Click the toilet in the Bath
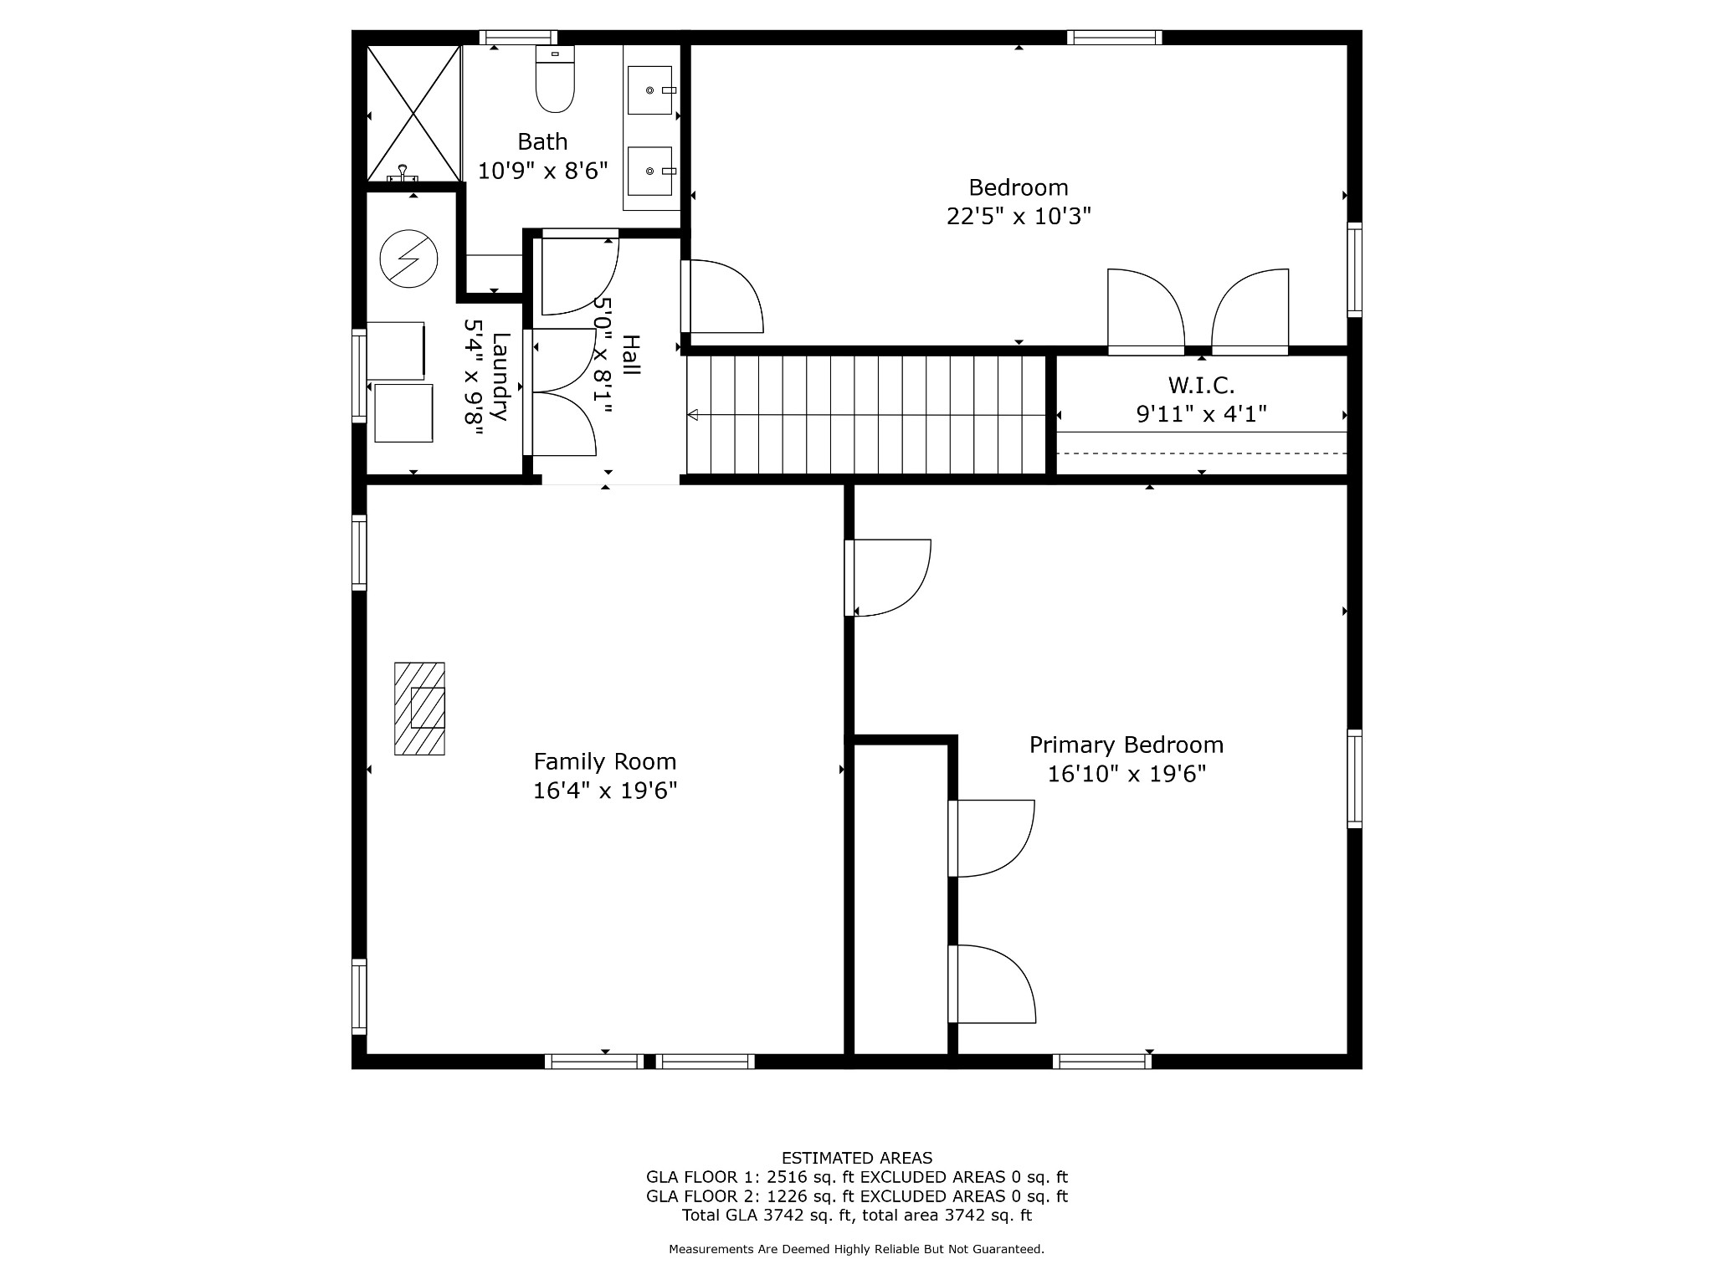(x=555, y=79)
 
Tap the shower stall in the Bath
(x=414, y=113)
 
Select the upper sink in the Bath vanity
(x=650, y=90)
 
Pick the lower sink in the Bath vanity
(x=650, y=171)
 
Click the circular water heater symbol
(x=408, y=259)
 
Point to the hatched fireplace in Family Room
(x=419, y=709)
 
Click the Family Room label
(x=605, y=761)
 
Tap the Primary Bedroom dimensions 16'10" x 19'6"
(x=1126, y=774)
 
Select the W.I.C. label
(x=1202, y=386)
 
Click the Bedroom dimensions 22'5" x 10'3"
(x=1019, y=217)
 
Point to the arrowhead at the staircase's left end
(x=692, y=414)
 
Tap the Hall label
(x=631, y=356)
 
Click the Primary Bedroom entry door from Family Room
(x=888, y=578)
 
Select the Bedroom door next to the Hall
(x=722, y=296)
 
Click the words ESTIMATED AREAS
(x=857, y=1159)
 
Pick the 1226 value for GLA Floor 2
(x=787, y=1196)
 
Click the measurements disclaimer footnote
(x=856, y=1249)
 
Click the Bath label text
(x=542, y=141)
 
